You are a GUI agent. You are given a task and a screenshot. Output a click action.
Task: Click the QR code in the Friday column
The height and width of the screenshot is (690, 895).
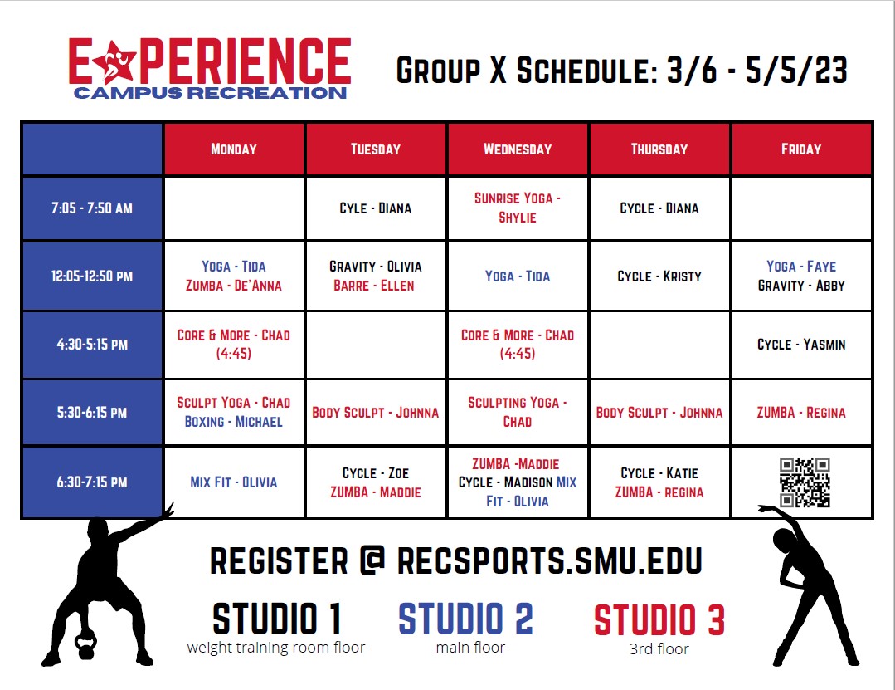pyautogui.click(x=805, y=482)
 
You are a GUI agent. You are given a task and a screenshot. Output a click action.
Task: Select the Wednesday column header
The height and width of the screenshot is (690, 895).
pyautogui.click(x=518, y=149)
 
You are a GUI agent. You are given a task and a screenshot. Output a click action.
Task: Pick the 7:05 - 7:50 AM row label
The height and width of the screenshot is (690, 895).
pyautogui.click(x=92, y=208)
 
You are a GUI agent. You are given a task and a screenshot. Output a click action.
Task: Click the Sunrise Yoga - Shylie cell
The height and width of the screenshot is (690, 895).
pyautogui.click(x=518, y=208)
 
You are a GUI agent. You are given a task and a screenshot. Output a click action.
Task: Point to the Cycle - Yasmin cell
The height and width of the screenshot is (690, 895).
pyautogui.click(x=801, y=345)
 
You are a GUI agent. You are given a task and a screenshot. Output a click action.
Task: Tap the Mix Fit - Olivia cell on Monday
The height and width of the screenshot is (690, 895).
pyautogui.click(x=233, y=482)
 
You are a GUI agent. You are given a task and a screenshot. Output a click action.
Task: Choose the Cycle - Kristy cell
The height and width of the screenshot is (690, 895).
pyautogui.click(x=659, y=276)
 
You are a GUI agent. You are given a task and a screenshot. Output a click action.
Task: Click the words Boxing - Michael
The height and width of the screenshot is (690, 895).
pyautogui.click(x=233, y=422)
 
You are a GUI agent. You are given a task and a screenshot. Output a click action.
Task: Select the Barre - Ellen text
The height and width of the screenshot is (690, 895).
pyautogui.click(x=374, y=286)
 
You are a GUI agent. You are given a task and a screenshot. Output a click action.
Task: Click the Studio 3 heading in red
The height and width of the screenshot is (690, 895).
pyautogui.click(x=659, y=619)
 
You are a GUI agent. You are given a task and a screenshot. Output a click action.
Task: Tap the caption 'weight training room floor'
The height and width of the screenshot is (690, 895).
pyautogui.click(x=275, y=648)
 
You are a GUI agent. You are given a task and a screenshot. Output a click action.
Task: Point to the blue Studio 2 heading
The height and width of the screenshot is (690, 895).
pyautogui.click(x=466, y=619)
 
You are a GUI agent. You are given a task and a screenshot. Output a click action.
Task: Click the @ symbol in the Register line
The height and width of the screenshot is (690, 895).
pyautogui.click(x=372, y=560)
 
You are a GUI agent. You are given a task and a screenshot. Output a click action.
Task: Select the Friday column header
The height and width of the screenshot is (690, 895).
pyautogui.click(x=801, y=149)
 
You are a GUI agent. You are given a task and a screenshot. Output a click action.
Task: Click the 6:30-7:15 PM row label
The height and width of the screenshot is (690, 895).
pyautogui.click(x=92, y=482)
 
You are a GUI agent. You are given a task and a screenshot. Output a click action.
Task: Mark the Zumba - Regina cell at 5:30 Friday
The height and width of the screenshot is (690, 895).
pyautogui.click(x=801, y=413)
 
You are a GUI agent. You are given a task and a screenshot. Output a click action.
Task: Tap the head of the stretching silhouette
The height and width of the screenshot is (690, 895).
pyautogui.click(x=785, y=539)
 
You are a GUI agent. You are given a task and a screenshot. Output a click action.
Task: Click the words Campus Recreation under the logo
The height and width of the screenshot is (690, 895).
pyautogui.click(x=210, y=93)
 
